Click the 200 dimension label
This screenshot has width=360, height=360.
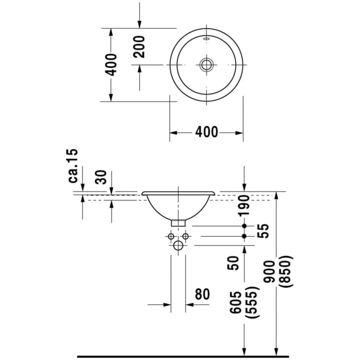click(x=140, y=47)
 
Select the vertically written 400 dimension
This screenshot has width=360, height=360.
click(x=112, y=65)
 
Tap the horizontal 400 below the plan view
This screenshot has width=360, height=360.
click(x=206, y=132)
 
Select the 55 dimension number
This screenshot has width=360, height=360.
click(x=263, y=231)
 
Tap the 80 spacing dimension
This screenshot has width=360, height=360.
click(x=202, y=294)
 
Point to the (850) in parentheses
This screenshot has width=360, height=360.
click(x=286, y=272)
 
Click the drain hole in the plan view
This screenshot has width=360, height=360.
click(x=206, y=65)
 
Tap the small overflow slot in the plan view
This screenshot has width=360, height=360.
click(x=206, y=38)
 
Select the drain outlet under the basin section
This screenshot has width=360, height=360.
click(x=178, y=222)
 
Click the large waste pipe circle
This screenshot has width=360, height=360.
click(x=178, y=245)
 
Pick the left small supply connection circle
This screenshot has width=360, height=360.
click(x=171, y=237)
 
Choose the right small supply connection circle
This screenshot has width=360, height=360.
click(x=186, y=237)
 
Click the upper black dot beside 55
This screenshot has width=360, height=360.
click(x=244, y=226)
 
